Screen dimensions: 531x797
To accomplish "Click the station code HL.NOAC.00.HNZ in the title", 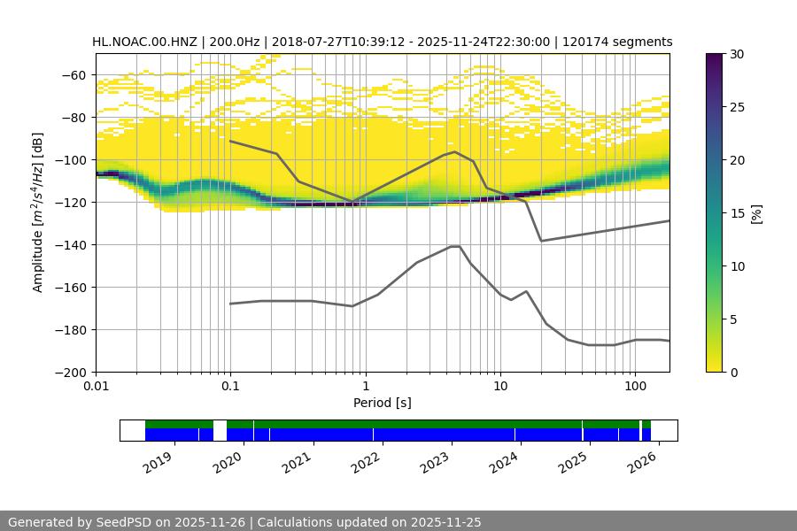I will pyautogui.click(x=146, y=42).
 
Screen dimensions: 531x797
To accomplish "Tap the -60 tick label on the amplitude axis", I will pyautogui.click(x=72, y=75).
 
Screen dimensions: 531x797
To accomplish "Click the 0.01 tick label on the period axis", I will pyautogui.click(x=96, y=388).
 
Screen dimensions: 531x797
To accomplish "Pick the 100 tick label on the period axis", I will pyautogui.click(x=634, y=388).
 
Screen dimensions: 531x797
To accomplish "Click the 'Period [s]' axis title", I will pyautogui.click(x=382, y=404).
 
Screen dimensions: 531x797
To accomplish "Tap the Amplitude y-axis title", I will pyautogui.click(x=37, y=212).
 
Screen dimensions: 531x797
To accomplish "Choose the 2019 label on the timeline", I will pyautogui.click(x=159, y=461).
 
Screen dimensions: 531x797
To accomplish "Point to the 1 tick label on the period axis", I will pyautogui.click(x=365, y=388).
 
